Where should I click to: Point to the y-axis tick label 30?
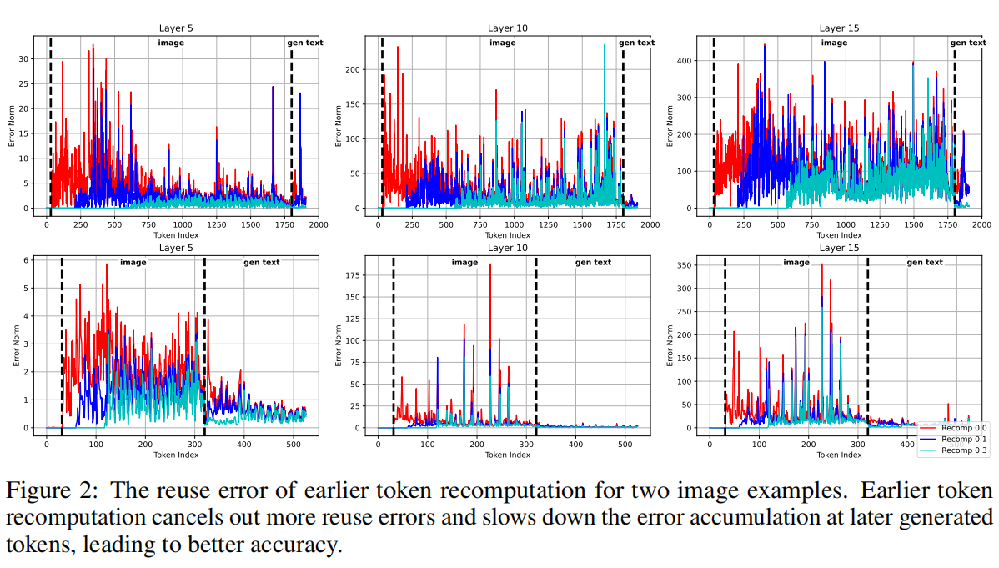(26, 59)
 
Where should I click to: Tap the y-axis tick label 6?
(28, 260)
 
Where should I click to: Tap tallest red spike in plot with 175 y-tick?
(490, 265)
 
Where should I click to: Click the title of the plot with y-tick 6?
(175, 248)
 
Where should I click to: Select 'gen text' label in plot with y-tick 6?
(261, 263)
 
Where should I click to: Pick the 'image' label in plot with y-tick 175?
(464, 263)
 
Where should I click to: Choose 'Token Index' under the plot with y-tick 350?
(839, 455)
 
